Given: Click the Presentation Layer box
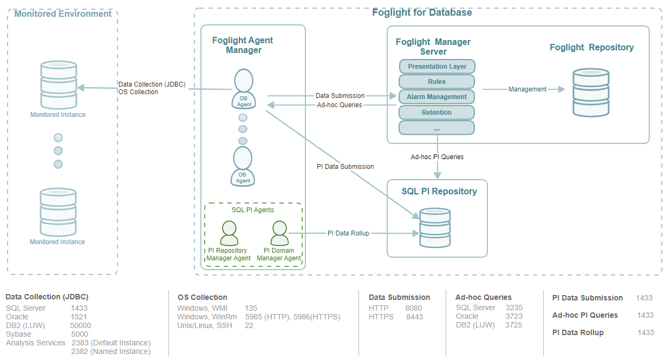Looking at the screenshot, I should coord(436,67).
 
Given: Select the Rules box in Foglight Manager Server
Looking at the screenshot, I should coord(436,82).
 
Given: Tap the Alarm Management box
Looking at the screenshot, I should coord(436,97).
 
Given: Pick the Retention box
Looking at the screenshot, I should coord(436,113).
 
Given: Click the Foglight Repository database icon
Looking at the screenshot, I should coord(591,93).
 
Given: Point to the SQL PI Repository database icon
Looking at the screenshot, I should coord(435,228).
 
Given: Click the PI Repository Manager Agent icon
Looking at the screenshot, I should coord(229,233).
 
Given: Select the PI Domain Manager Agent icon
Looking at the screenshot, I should coord(279,233).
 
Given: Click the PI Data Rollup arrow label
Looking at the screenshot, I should coord(348,233).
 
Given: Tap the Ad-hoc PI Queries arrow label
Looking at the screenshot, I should coord(437,157).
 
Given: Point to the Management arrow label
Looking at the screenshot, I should coord(527,89).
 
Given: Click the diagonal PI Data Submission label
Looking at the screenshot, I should coord(345,167).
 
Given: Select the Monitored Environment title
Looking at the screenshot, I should coord(63,14).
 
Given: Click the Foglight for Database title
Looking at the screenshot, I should coord(422,12).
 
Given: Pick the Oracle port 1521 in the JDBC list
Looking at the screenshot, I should coord(79,317).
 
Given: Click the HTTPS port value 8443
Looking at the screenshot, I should coord(414,317).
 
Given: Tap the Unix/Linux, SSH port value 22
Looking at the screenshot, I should coord(249,325).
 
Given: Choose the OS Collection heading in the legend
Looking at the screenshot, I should coord(203,297).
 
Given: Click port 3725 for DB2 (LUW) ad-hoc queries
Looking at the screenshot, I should coord(513,325).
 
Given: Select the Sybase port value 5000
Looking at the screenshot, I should coord(80,334).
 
